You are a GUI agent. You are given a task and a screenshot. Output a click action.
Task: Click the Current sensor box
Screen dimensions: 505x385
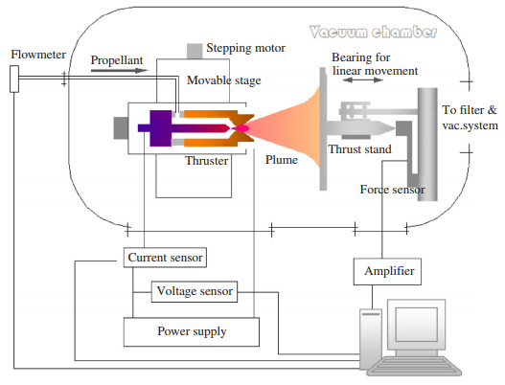click(x=165, y=258)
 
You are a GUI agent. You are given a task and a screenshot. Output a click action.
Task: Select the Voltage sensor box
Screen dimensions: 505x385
click(x=195, y=292)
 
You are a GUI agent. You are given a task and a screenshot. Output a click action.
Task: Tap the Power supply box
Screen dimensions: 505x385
click(x=192, y=332)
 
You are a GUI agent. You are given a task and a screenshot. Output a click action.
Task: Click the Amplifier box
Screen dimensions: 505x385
click(x=387, y=271)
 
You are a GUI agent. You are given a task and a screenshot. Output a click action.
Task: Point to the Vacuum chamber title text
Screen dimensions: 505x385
click(x=374, y=32)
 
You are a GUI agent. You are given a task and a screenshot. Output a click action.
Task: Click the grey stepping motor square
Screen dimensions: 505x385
click(x=195, y=51)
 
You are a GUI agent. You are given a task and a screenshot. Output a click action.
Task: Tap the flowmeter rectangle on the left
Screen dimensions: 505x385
click(x=14, y=79)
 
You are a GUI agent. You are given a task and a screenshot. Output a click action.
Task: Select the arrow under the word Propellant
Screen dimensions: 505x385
click(x=119, y=70)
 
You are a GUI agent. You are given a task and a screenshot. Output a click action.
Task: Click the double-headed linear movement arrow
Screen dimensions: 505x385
click(x=362, y=79)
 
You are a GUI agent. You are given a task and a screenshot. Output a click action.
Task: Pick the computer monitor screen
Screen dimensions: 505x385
click(x=417, y=324)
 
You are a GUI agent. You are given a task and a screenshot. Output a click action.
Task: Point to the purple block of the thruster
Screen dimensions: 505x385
click(x=160, y=128)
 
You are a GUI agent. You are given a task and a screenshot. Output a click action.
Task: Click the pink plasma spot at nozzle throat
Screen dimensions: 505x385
click(x=241, y=128)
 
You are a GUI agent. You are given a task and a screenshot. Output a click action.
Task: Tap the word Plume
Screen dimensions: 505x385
click(x=282, y=160)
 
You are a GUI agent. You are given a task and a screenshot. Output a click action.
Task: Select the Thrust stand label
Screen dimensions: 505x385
click(x=359, y=149)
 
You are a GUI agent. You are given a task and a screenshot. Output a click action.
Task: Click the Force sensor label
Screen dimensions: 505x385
click(x=392, y=190)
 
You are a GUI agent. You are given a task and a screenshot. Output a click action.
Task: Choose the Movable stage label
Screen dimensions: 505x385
click(x=224, y=80)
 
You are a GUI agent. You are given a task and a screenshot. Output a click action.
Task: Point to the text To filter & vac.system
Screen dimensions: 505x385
click(x=470, y=117)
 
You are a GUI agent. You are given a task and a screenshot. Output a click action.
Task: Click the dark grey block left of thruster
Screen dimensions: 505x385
click(x=121, y=127)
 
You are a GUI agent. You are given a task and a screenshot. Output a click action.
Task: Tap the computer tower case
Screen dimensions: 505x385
click(x=371, y=338)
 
